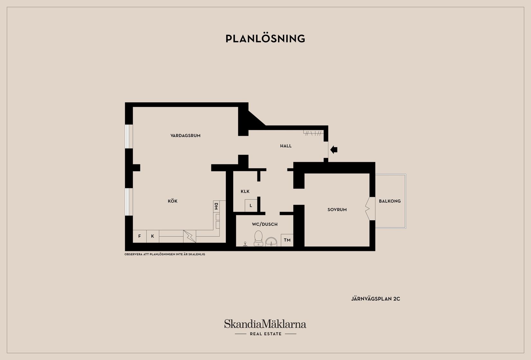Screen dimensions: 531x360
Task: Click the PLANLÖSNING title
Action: pyautogui.click(x=265, y=39)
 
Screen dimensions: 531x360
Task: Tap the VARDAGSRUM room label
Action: pyautogui.click(x=185, y=135)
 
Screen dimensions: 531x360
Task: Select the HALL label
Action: pyautogui.click(x=286, y=146)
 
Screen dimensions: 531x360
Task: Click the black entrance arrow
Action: pyautogui.click(x=334, y=150)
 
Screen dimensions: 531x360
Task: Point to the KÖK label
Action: pyautogui.click(x=172, y=201)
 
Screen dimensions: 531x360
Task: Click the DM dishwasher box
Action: pyautogui.click(x=216, y=207)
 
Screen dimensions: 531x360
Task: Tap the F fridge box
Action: pyautogui.click(x=140, y=236)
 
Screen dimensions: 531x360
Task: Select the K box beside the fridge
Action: pyautogui.click(x=153, y=236)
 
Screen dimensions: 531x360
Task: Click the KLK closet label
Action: pyautogui.click(x=245, y=191)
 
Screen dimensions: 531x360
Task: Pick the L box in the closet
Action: pyautogui.click(x=251, y=206)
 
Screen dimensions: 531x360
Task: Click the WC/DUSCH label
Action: pyautogui.click(x=265, y=224)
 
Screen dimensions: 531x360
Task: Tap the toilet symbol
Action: pyautogui.click(x=258, y=238)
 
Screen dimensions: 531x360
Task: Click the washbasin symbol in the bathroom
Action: pyautogui.click(x=271, y=242)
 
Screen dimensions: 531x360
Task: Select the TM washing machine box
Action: pyautogui.click(x=287, y=240)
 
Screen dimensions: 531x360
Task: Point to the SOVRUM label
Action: pyautogui.click(x=337, y=209)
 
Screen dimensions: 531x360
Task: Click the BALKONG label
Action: pyautogui.click(x=390, y=201)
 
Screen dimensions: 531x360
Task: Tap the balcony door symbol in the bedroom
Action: pyautogui.click(x=370, y=208)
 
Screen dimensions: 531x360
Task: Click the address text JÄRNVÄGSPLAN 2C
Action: pyautogui.click(x=376, y=299)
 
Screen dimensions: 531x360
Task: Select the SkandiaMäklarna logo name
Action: pyautogui.click(x=265, y=324)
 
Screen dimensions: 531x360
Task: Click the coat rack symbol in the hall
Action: pyautogui.click(x=313, y=133)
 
